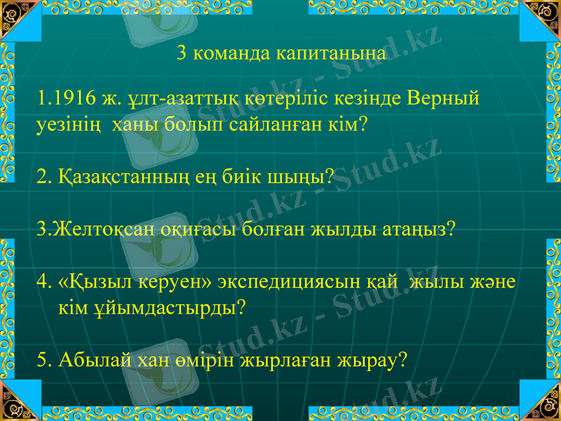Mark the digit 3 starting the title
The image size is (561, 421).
coord(182,54)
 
